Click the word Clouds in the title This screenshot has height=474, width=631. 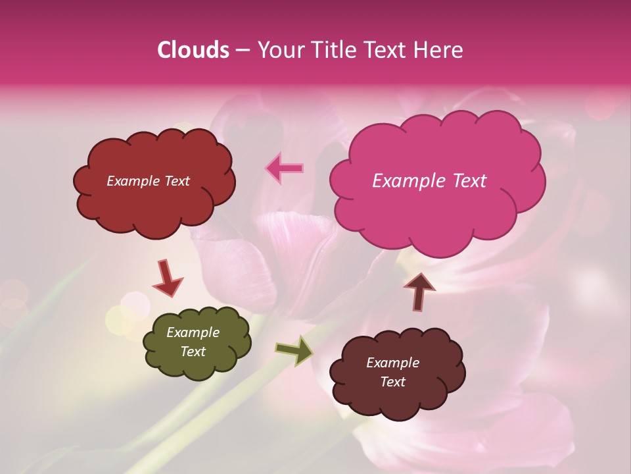[x=193, y=50]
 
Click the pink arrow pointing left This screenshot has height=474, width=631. [x=285, y=168]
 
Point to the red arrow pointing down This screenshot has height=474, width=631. [x=167, y=278]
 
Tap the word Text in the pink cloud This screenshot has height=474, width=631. [x=470, y=181]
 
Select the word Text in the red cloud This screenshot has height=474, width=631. [x=176, y=181]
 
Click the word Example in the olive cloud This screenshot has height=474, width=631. [x=193, y=332]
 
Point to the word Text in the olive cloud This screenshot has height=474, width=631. [x=193, y=352]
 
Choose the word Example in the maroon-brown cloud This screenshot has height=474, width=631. [x=392, y=363]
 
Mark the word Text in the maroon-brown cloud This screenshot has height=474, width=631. [x=392, y=382]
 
